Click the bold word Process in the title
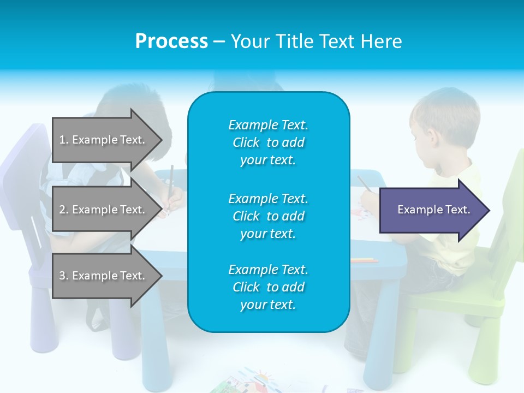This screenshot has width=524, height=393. click(x=171, y=41)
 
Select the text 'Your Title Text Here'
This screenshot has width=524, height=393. click(x=316, y=41)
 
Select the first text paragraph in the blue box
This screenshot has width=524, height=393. click(x=268, y=142)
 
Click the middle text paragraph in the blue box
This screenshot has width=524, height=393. click(x=268, y=216)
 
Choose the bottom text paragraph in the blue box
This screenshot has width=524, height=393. click(x=268, y=287)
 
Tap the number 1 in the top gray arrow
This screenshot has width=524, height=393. click(x=62, y=140)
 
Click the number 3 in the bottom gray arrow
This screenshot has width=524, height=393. click(x=62, y=276)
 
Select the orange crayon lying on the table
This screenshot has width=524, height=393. click(x=364, y=260)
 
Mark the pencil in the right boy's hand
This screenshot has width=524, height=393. click(x=364, y=183)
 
